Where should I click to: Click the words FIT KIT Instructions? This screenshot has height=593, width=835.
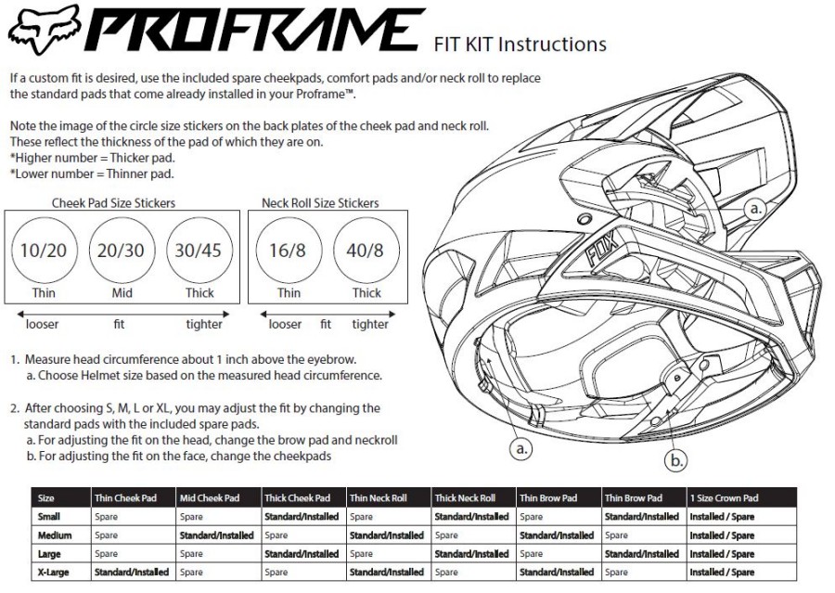pyautogui.click(x=520, y=44)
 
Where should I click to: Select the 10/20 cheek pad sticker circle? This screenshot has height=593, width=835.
pyautogui.click(x=45, y=251)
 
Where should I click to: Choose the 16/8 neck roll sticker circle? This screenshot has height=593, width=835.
pyautogui.click(x=289, y=251)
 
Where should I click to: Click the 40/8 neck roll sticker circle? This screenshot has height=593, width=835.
pyautogui.click(x=366, y=251)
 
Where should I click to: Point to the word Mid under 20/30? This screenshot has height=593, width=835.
pyautogui.click(x=122, y=293)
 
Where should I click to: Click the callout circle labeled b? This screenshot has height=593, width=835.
pyautogui.click(x=679, y=458)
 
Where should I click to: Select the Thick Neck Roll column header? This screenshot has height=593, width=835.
pyautogui.click(x=465, y=498)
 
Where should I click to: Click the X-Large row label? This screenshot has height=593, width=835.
pyautogui.click(x=54, y=573)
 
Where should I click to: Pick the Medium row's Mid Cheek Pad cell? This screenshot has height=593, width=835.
pyautogui.click(x=216, y=535)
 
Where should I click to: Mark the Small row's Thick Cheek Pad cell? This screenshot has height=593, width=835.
pyautogui.click(x=302, y=517)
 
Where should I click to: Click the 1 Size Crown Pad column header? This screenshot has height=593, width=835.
pyautogui.click(x=724, y=498)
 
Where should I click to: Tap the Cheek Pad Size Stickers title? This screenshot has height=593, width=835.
pyautogui.click(x=114, y=202)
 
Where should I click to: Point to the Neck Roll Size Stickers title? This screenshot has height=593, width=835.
pyautogui.click(x=320, y=202)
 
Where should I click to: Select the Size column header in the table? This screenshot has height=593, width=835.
pyautogui.click(x=45, y=498)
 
